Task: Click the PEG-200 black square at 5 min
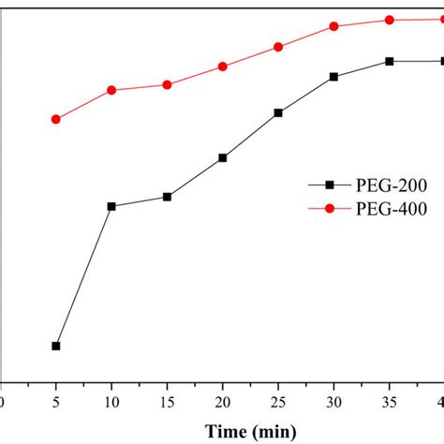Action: coord(56,346)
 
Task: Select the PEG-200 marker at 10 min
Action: coord(111,206)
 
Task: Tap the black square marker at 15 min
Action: coord(167,197)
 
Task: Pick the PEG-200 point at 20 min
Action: coord(223,157)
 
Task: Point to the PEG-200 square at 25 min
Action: coord(278,112)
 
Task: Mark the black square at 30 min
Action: coord(334,77)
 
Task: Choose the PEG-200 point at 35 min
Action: coord(390,61)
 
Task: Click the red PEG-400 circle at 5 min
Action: coord(56,119)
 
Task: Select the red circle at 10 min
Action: coord(111,90)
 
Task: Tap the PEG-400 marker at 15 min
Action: coord(167,84)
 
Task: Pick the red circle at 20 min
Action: coord(223,67)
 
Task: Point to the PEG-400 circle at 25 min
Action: coord(278,47)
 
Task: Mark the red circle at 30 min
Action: coord(334,26)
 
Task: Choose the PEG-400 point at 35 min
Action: coord(390,20)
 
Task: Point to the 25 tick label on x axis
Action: coord(278,402)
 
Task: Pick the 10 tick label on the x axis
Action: coord(111,402)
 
